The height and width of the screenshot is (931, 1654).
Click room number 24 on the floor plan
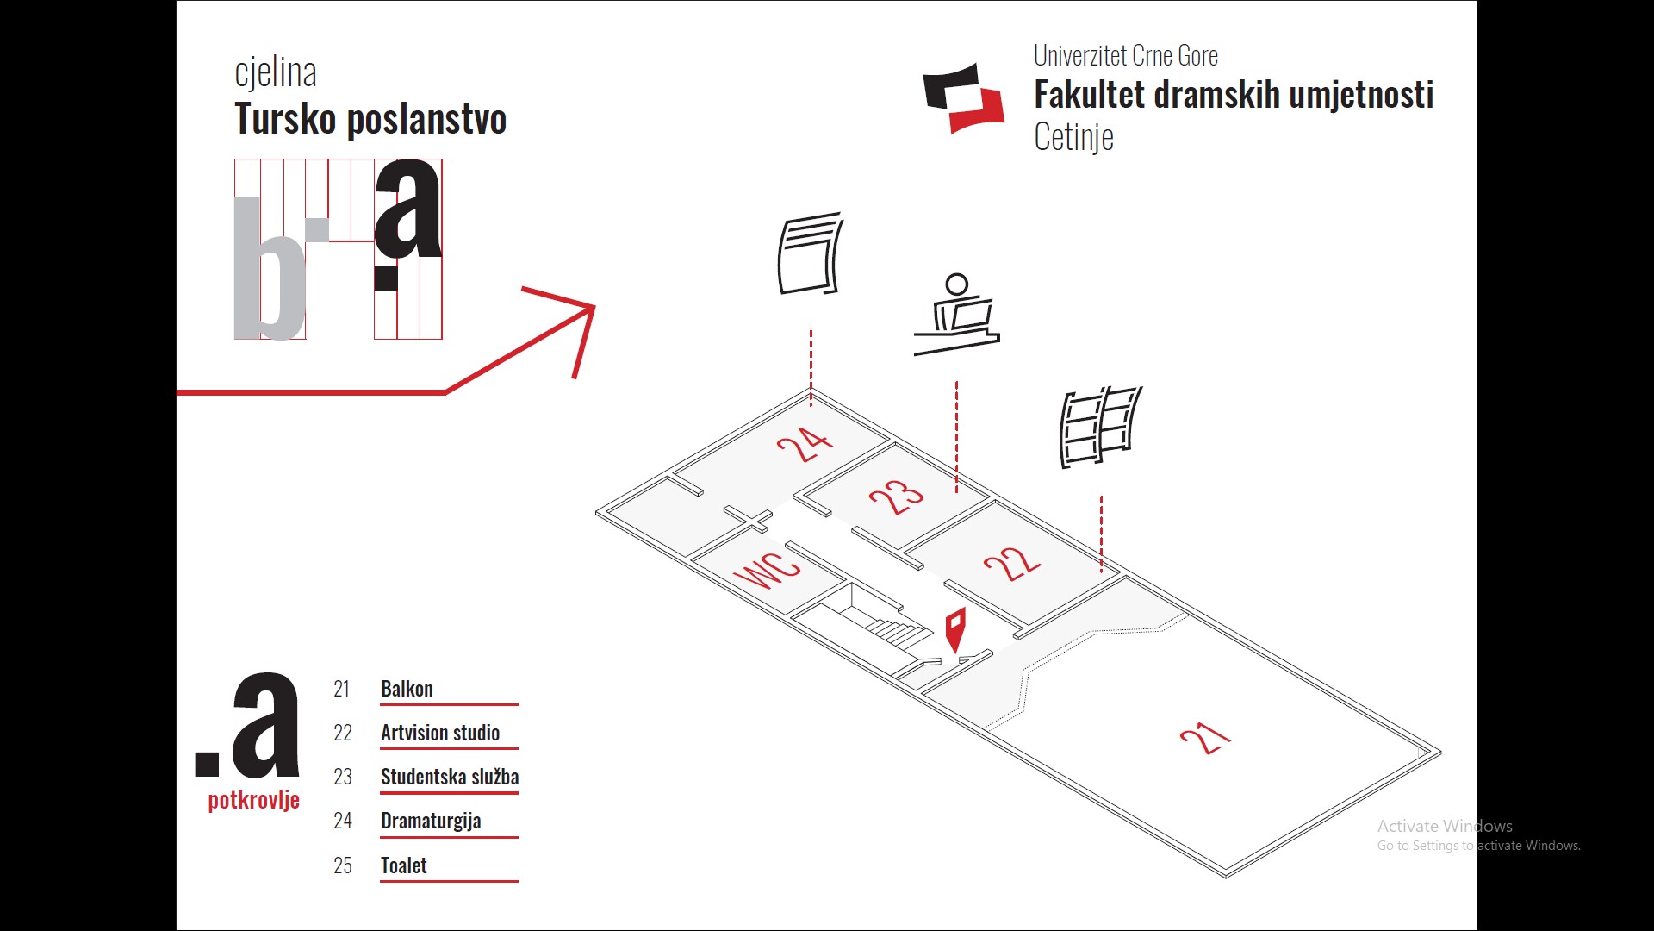click(x=805, y=444)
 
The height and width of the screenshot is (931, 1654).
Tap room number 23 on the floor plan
click(x=896, y=497)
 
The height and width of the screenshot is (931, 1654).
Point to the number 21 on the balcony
click(x=1205, y=738)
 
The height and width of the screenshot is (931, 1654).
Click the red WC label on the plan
click(x=768, y=570)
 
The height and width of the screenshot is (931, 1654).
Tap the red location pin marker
click(x=954, y=628)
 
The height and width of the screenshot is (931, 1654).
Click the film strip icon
click(x=1100, y=427)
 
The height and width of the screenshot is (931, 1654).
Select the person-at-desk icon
click(x=957, y=316)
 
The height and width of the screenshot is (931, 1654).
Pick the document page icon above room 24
click(x=810, y=253)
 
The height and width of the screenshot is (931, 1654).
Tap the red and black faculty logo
click(x=964, y=98)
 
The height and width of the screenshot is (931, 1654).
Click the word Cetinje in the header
click(x=1073, y=137)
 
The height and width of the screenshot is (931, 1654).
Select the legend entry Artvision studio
click(x=440, y=733)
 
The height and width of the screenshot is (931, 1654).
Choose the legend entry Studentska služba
click(x=450, y=777)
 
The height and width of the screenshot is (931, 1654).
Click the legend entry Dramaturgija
click(x=431, y=821)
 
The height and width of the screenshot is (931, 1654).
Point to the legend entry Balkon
click(x=407, y=689)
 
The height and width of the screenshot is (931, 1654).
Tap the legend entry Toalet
click(x=404, y=865)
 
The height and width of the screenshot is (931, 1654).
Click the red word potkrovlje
click(x=254, y=800)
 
